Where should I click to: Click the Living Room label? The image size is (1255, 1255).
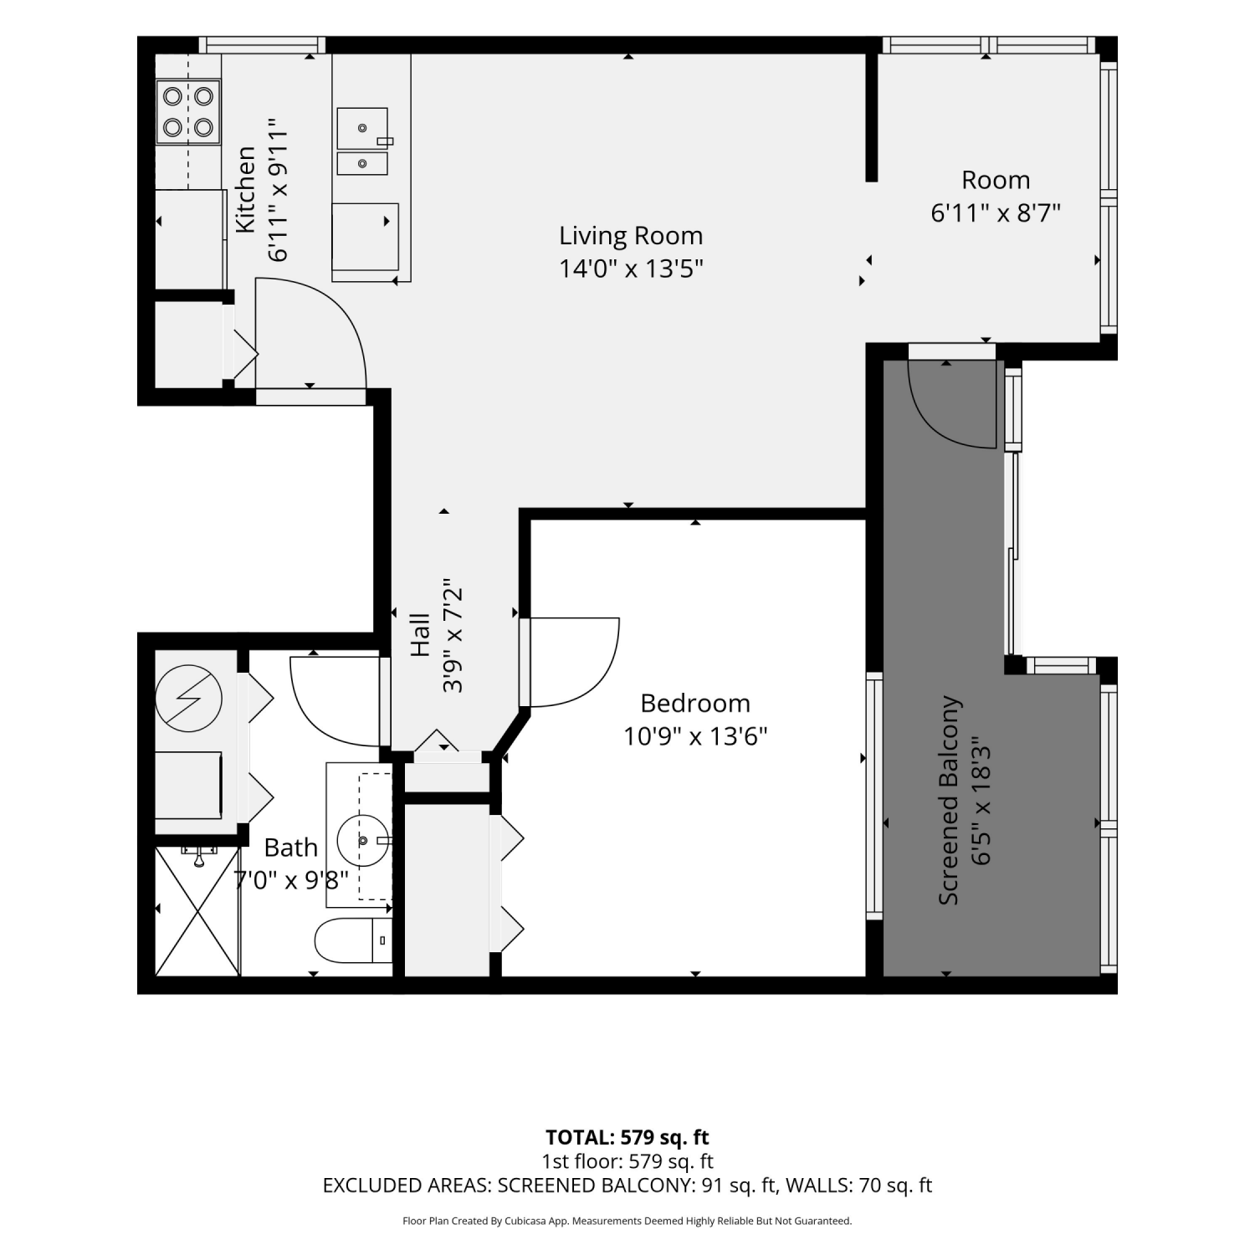click(x=631, y=235)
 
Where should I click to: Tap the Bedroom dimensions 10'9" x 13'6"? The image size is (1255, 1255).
click(x=695, y=736)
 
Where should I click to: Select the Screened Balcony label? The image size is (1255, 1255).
click(x=949, y=801)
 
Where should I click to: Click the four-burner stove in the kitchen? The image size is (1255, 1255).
click(x=188, y=111)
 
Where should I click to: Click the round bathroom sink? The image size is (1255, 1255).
click(x=364, y=839)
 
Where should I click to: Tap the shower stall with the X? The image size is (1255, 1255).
click(x=197, y=911)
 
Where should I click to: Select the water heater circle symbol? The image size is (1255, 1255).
click(x=189, y=699)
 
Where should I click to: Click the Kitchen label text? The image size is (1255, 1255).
click(x=245, y=190)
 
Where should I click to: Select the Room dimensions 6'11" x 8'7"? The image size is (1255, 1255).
click(x=996, y=213)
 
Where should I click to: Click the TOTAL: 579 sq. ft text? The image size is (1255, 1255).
click(x=627, y=1137)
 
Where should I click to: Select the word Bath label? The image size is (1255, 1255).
click(x=291, y=848)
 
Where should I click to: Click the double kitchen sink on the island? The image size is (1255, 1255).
click(x=363, y=141)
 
